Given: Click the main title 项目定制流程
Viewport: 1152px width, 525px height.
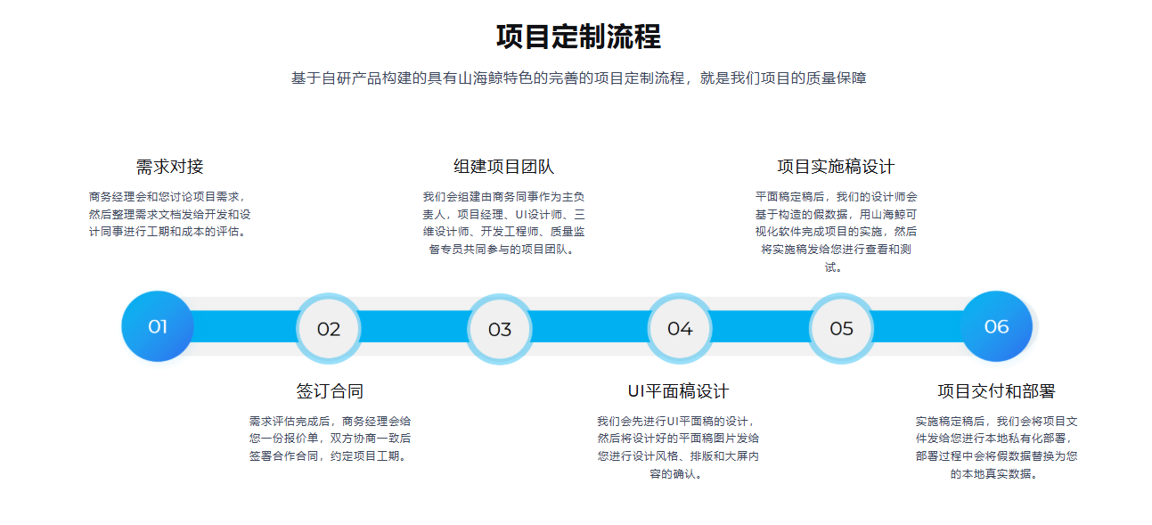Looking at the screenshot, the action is (x=578, y=37).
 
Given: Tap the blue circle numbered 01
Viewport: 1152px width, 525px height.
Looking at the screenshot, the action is (x=158, y=326).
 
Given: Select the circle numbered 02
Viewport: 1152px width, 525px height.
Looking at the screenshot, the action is (x=329, y=328).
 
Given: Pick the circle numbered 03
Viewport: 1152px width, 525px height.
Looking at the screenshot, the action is (x=499, y=329).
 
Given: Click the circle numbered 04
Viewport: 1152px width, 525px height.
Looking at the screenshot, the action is (x=680, y=328).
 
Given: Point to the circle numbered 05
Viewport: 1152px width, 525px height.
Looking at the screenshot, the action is (x=841, y=328).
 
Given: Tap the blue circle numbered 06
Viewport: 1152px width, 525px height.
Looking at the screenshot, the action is (x=996, y=326).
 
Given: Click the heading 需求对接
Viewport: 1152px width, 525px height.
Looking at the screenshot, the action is (x=169, y=167).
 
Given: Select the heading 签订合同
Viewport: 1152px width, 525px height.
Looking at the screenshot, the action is (x=330, y=391).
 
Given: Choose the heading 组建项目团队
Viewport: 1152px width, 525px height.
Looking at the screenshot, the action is (x=503, y=167).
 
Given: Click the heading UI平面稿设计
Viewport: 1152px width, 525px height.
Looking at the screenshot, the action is (x=678, y=391).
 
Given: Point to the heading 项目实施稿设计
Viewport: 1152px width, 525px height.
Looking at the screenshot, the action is (x=836, y=167).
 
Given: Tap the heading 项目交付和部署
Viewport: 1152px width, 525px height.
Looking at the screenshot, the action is (x=996, y=391).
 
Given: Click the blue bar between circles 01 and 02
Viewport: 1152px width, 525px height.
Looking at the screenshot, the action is (x=245, y=326).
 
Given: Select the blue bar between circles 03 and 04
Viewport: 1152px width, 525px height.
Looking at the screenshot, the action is (x=590, y=326).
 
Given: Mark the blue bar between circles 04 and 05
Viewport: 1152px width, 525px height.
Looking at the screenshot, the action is (x=761, y=326).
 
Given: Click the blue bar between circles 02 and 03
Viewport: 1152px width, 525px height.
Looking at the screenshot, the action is (x=414, y=326).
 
